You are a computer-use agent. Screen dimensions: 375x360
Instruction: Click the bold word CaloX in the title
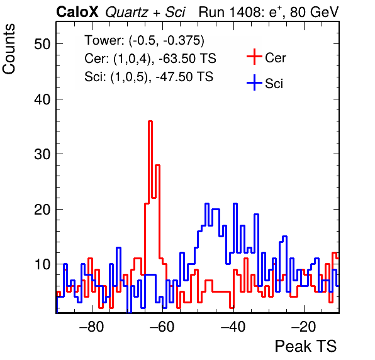pyautogui.click(x=77, y=12)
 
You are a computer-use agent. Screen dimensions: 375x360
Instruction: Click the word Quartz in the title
pyautogui.click(x=126, y=13)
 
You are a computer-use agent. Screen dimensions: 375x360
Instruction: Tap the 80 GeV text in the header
pyautogui.click(x=315, y=12)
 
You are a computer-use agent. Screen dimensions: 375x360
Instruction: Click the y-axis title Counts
pyautogui.click(x=9, y=49)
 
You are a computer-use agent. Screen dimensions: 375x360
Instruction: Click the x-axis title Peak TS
pyautogui.click(x=306, y=346)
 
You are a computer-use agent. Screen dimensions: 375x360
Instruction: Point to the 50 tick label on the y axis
pyautogui.click(x=42, y=44)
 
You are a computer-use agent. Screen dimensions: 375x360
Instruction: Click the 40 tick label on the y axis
pyautogui.click(x=42, y=99)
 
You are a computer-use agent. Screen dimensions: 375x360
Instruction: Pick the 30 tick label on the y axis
pyautogui.click(x=42, y=154)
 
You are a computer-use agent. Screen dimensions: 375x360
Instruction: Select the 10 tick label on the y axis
pyautogui.click(x=43, y=264)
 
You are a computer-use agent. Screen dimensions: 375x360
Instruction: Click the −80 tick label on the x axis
pyautogui.click(x=92, y=326)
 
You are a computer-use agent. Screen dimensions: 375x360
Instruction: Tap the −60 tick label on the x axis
pyautogui.click(x=162, y=326)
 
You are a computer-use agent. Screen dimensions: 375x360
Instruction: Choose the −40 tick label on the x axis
pyautogui.click(x=233, y=326)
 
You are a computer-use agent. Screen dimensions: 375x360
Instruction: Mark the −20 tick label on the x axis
pyautogui.click(x=304, y=326)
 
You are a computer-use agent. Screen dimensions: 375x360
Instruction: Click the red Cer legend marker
pyautogui.click(x=254, y=57)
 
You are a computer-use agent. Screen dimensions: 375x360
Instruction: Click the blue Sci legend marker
pyautogui.click(x=254, y=82)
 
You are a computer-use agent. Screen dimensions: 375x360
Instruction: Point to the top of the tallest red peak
pyautogui.click(x=150, y=121)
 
